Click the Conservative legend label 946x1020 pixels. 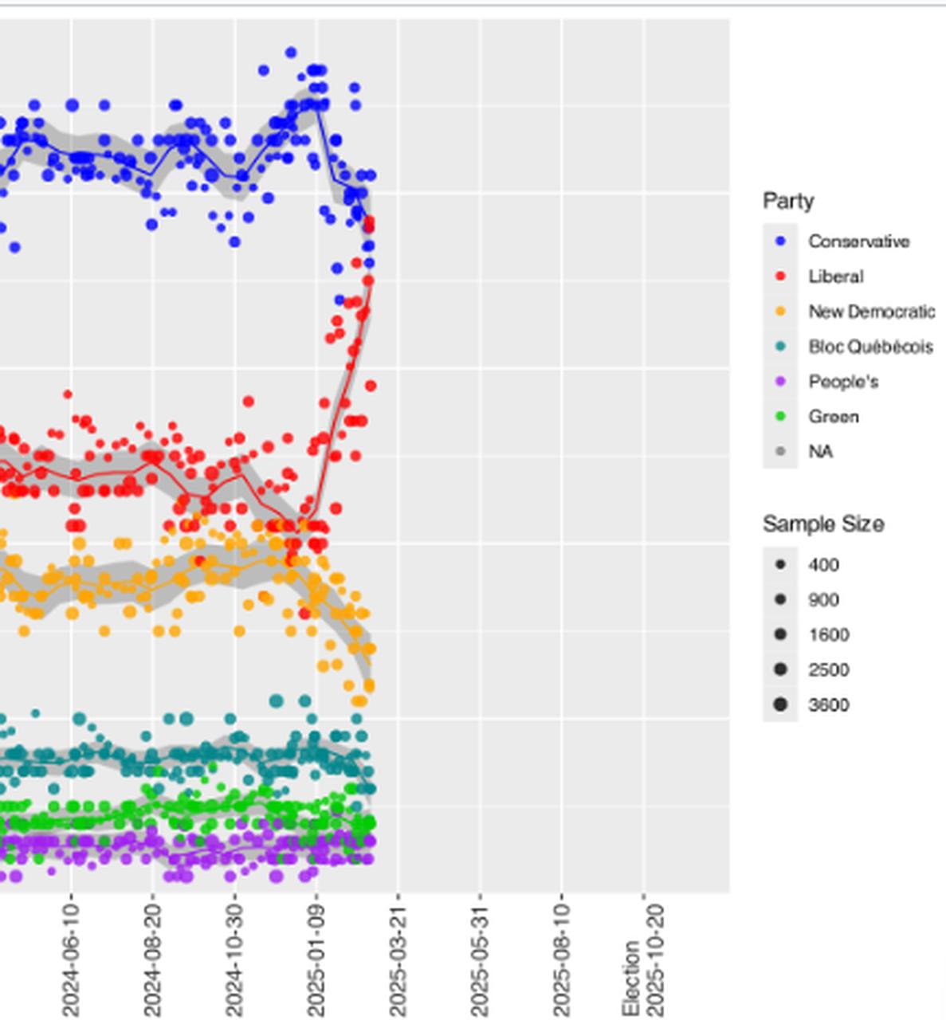[x=858, y=241]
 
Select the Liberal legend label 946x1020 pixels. [x=835, y=277]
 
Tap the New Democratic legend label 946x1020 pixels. [x=871, y=312]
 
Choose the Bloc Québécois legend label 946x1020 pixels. [x=870, y=347]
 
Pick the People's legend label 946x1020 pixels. [x=843, y=382]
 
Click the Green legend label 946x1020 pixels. [x=834, y=417]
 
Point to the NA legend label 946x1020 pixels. [x=820, y=452]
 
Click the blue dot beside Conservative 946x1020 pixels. [x=780, y=241]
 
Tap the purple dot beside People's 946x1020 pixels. [x=780, y=382]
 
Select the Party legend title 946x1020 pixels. [x=788, y=201]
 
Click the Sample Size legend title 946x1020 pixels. [x=822, y=524]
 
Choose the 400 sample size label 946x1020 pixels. [x=823, y=565]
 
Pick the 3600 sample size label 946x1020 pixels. [x=828, y=705]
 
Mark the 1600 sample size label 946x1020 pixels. [x=828, y=635]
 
